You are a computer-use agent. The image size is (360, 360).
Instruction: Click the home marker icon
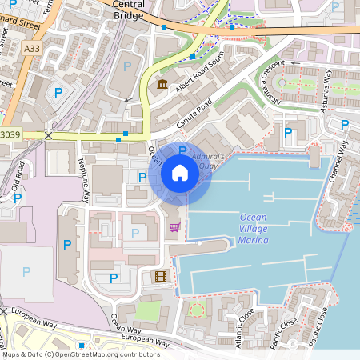point(179,173)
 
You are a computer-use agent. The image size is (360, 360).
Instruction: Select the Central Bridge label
point(129,9)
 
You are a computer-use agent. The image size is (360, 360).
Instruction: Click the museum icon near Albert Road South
point(162,85)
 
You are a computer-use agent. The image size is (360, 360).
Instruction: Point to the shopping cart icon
point(174,228)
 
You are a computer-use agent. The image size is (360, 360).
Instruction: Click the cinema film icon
point(162,276)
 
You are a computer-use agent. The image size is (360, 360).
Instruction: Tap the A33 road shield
point(31,50)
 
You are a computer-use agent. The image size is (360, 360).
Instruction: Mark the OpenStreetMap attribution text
point(80,354)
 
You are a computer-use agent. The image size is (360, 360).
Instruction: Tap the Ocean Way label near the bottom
point(126,323)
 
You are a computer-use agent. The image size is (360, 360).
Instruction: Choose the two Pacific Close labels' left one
point(284,330)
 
